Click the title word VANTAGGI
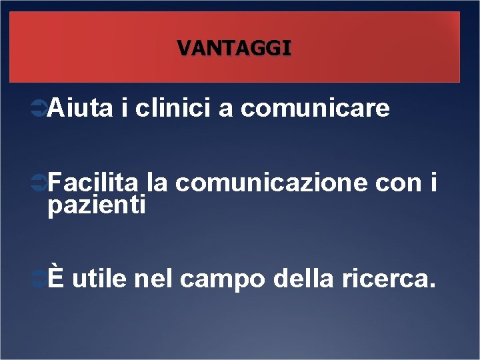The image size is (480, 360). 234,48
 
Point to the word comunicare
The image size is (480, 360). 315,108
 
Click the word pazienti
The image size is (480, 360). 97,205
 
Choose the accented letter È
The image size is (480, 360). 56,279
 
